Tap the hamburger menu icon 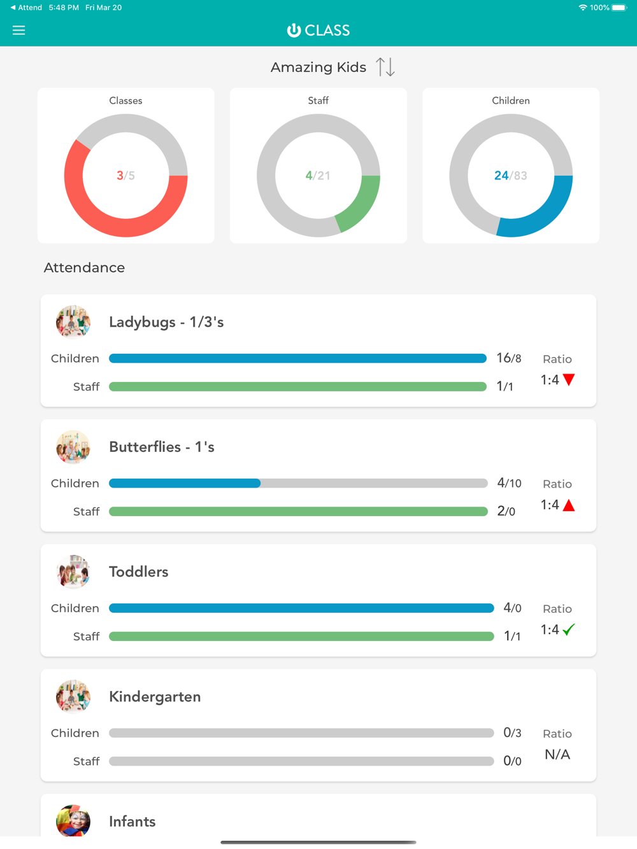click(19, 30)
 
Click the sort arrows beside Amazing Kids click(385, 67)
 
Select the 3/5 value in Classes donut click(125, 176)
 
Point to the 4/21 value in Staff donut click(318, 176)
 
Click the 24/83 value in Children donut click(511, 176)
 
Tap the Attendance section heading click(84, 268)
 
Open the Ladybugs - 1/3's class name click(166, 322)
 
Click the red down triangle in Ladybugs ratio click(569, 380)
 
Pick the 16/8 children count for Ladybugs click(509, 358)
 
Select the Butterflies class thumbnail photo click(73, 447)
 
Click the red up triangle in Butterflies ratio click(569, 505)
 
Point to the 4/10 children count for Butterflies click(509, 483)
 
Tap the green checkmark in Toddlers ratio click(569, 629)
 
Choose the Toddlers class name click(139, 572)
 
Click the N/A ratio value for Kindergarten click(557, 755)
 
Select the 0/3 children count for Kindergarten click(512, 733)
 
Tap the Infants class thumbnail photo click(73, 821)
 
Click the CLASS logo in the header click(318, 30)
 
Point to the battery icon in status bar click(619, 8)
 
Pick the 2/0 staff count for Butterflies click(506, 511)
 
